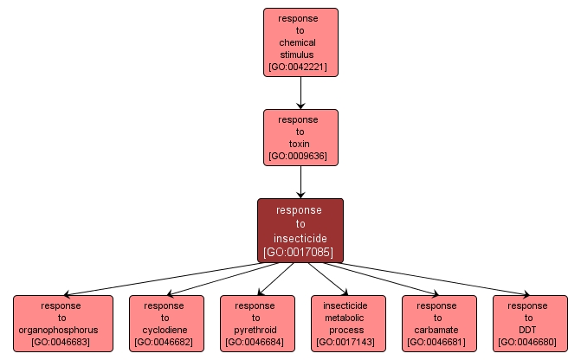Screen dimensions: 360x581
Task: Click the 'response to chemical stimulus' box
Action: point(300,42)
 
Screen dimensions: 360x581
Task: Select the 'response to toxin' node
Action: point(300,137)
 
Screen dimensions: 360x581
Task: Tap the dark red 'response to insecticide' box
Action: point(300,229)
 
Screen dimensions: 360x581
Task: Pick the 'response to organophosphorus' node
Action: point(63,323)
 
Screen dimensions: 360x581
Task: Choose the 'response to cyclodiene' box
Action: point(166,323)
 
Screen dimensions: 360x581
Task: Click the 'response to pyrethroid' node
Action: point(257,323)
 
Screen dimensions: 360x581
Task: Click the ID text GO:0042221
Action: point(300,67)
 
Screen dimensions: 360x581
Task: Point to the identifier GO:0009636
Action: point(300,157)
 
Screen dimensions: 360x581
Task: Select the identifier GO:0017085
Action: point(300,253)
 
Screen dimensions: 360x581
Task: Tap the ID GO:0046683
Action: point(63,343)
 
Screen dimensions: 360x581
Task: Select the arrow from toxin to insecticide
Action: point(300,182)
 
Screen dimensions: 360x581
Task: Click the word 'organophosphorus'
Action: point(63,330)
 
